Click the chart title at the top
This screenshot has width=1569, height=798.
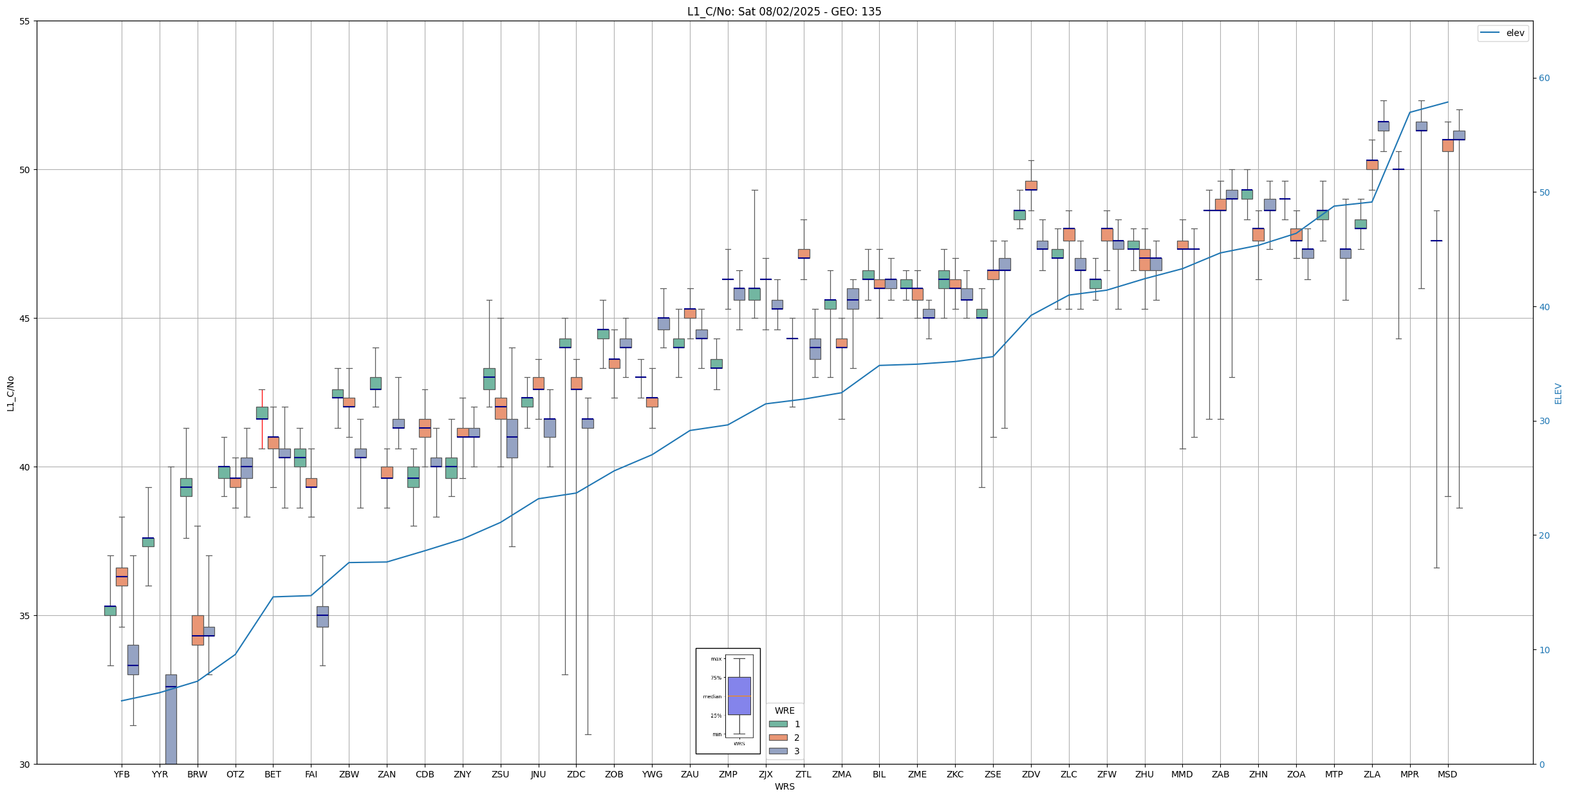coord(784,12)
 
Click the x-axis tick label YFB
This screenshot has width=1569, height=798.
coord(122,774)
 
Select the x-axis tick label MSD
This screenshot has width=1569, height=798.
coord(1447,774)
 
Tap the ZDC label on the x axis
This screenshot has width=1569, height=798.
coord(576,774)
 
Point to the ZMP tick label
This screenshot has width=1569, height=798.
coord(728,774)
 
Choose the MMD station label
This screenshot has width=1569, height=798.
coord(1182,774)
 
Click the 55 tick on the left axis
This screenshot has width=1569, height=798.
coord(25,21)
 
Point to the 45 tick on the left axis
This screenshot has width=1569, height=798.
coord(25,319)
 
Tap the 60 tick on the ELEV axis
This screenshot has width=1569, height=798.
coord(1544,79)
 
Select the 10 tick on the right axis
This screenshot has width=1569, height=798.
coord(1544,650)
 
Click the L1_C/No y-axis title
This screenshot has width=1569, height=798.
coord(10,393)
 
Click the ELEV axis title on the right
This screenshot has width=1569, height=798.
coord(1558,393)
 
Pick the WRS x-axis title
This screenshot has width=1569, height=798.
coord(784,786)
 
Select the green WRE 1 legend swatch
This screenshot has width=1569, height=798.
coord(778,724)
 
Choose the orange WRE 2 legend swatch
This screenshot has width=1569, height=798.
coord(778,738)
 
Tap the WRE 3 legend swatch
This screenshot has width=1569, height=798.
coord(778,751)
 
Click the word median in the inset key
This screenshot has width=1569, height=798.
coord(712,696)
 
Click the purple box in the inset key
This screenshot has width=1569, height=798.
coord(739,696)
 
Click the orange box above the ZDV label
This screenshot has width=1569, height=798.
coord(1031,185)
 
